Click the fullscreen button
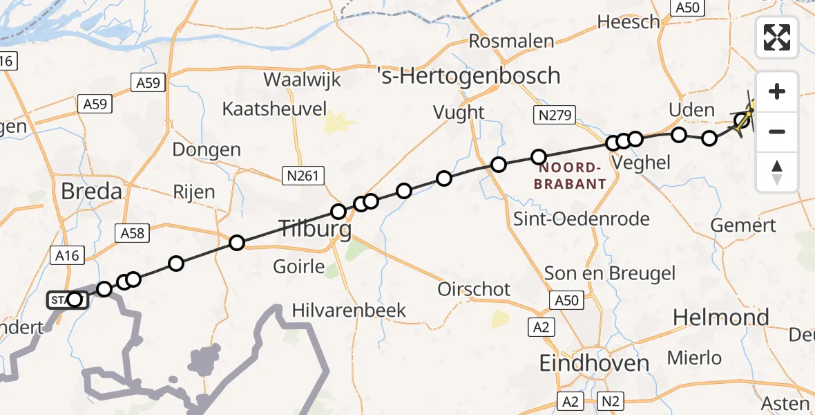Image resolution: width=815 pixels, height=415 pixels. click(777, 38)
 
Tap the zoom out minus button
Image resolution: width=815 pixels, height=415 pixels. click(777, 131)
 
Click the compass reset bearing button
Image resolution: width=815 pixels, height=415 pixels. click(777, 172)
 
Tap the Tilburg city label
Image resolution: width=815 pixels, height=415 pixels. click(314, 228)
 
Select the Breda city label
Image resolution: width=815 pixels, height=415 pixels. click(91, 191)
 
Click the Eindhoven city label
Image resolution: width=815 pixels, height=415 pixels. click(595, 363)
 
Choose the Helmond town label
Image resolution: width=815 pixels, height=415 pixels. click(720, 317)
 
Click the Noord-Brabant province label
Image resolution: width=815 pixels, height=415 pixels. click(573, 176)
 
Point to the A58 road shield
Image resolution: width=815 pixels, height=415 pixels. click(132, 233)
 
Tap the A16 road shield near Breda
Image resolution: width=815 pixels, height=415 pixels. click(68, 256)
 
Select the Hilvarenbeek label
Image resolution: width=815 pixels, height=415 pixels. click(349, 310)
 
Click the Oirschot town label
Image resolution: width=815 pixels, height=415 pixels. click(474, 288)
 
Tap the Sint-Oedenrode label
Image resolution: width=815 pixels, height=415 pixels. click(582, 219)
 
